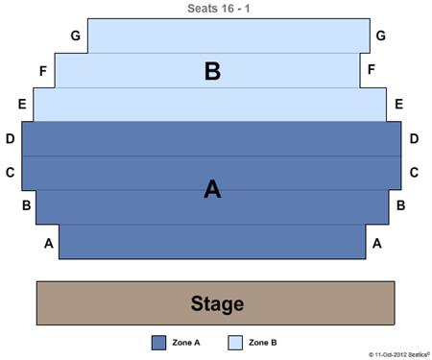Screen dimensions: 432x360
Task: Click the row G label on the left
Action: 75,36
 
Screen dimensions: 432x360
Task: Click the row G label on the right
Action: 381,36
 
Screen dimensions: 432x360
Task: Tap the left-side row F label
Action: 43,70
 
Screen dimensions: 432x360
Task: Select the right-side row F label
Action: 372,69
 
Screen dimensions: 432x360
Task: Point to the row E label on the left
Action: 21,104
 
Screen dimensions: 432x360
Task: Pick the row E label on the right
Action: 397,104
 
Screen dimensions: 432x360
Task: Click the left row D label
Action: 10,139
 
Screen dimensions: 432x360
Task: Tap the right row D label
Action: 414,139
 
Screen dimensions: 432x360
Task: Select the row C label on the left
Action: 10,173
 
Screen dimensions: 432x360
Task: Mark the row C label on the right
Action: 414,173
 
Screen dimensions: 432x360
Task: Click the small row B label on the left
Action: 27,205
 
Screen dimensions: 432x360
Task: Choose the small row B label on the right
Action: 400,205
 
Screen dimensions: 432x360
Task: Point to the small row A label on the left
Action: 48,244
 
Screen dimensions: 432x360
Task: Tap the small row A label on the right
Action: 377,244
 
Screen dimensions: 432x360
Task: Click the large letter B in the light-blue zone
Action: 213,70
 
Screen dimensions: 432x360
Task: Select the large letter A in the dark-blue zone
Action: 213,189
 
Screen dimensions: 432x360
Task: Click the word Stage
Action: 217,304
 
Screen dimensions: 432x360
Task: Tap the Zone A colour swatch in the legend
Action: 158,343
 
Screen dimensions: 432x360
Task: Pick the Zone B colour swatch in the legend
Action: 234,343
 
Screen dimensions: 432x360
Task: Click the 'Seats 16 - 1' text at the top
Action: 217,9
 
